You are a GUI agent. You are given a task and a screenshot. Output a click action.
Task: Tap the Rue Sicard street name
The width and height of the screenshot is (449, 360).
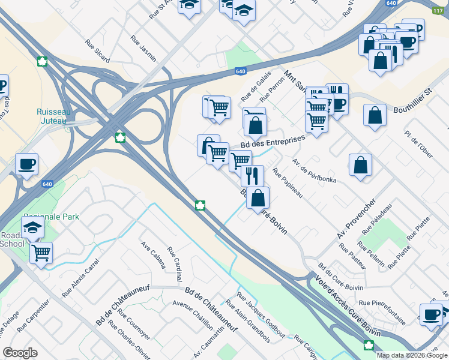pos(97,51)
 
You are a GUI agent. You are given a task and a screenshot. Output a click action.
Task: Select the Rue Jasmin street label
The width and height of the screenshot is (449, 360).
pos(143,49)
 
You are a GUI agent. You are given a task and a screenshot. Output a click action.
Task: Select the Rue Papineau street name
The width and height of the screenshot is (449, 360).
pos(288,183)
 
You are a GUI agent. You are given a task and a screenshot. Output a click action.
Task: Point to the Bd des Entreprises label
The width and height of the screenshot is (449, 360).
pos(273,142)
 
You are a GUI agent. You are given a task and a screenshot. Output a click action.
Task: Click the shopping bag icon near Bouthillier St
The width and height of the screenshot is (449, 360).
pos(375,115)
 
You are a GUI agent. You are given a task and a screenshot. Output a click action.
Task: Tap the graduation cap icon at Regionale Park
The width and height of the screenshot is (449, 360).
pos(32,227)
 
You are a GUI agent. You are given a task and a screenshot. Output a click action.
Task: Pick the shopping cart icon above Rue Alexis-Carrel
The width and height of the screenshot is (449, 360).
pos(41,252)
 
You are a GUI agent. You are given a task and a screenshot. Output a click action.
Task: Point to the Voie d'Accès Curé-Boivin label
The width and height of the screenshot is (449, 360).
pos(347,299)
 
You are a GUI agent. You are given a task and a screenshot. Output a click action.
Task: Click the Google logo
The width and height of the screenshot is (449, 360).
pos(20,353)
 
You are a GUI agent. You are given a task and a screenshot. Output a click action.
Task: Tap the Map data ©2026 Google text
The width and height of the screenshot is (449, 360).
pos(411,355)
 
